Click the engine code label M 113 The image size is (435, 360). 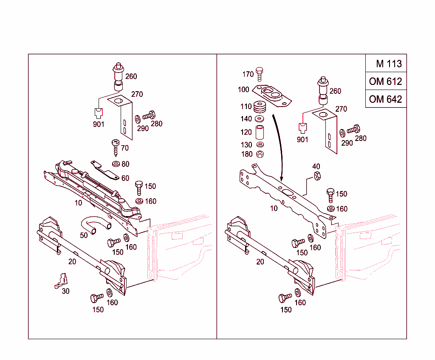coord(388,64)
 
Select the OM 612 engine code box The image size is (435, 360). coord(385,81)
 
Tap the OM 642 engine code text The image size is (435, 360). coord(385,99)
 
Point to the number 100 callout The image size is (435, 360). coord(243,90)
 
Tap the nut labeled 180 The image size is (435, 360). coord(260,154)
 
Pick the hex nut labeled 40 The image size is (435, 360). coord(316,176)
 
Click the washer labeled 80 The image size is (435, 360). coord(116,164)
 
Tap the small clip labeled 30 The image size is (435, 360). coord(62,281)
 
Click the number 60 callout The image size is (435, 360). coord(125,178)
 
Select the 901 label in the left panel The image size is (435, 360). coord(99,124)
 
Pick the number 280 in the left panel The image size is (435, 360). coord(156,124)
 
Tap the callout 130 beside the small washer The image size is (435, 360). coord(246,145)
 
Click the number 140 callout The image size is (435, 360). coord(246,119)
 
